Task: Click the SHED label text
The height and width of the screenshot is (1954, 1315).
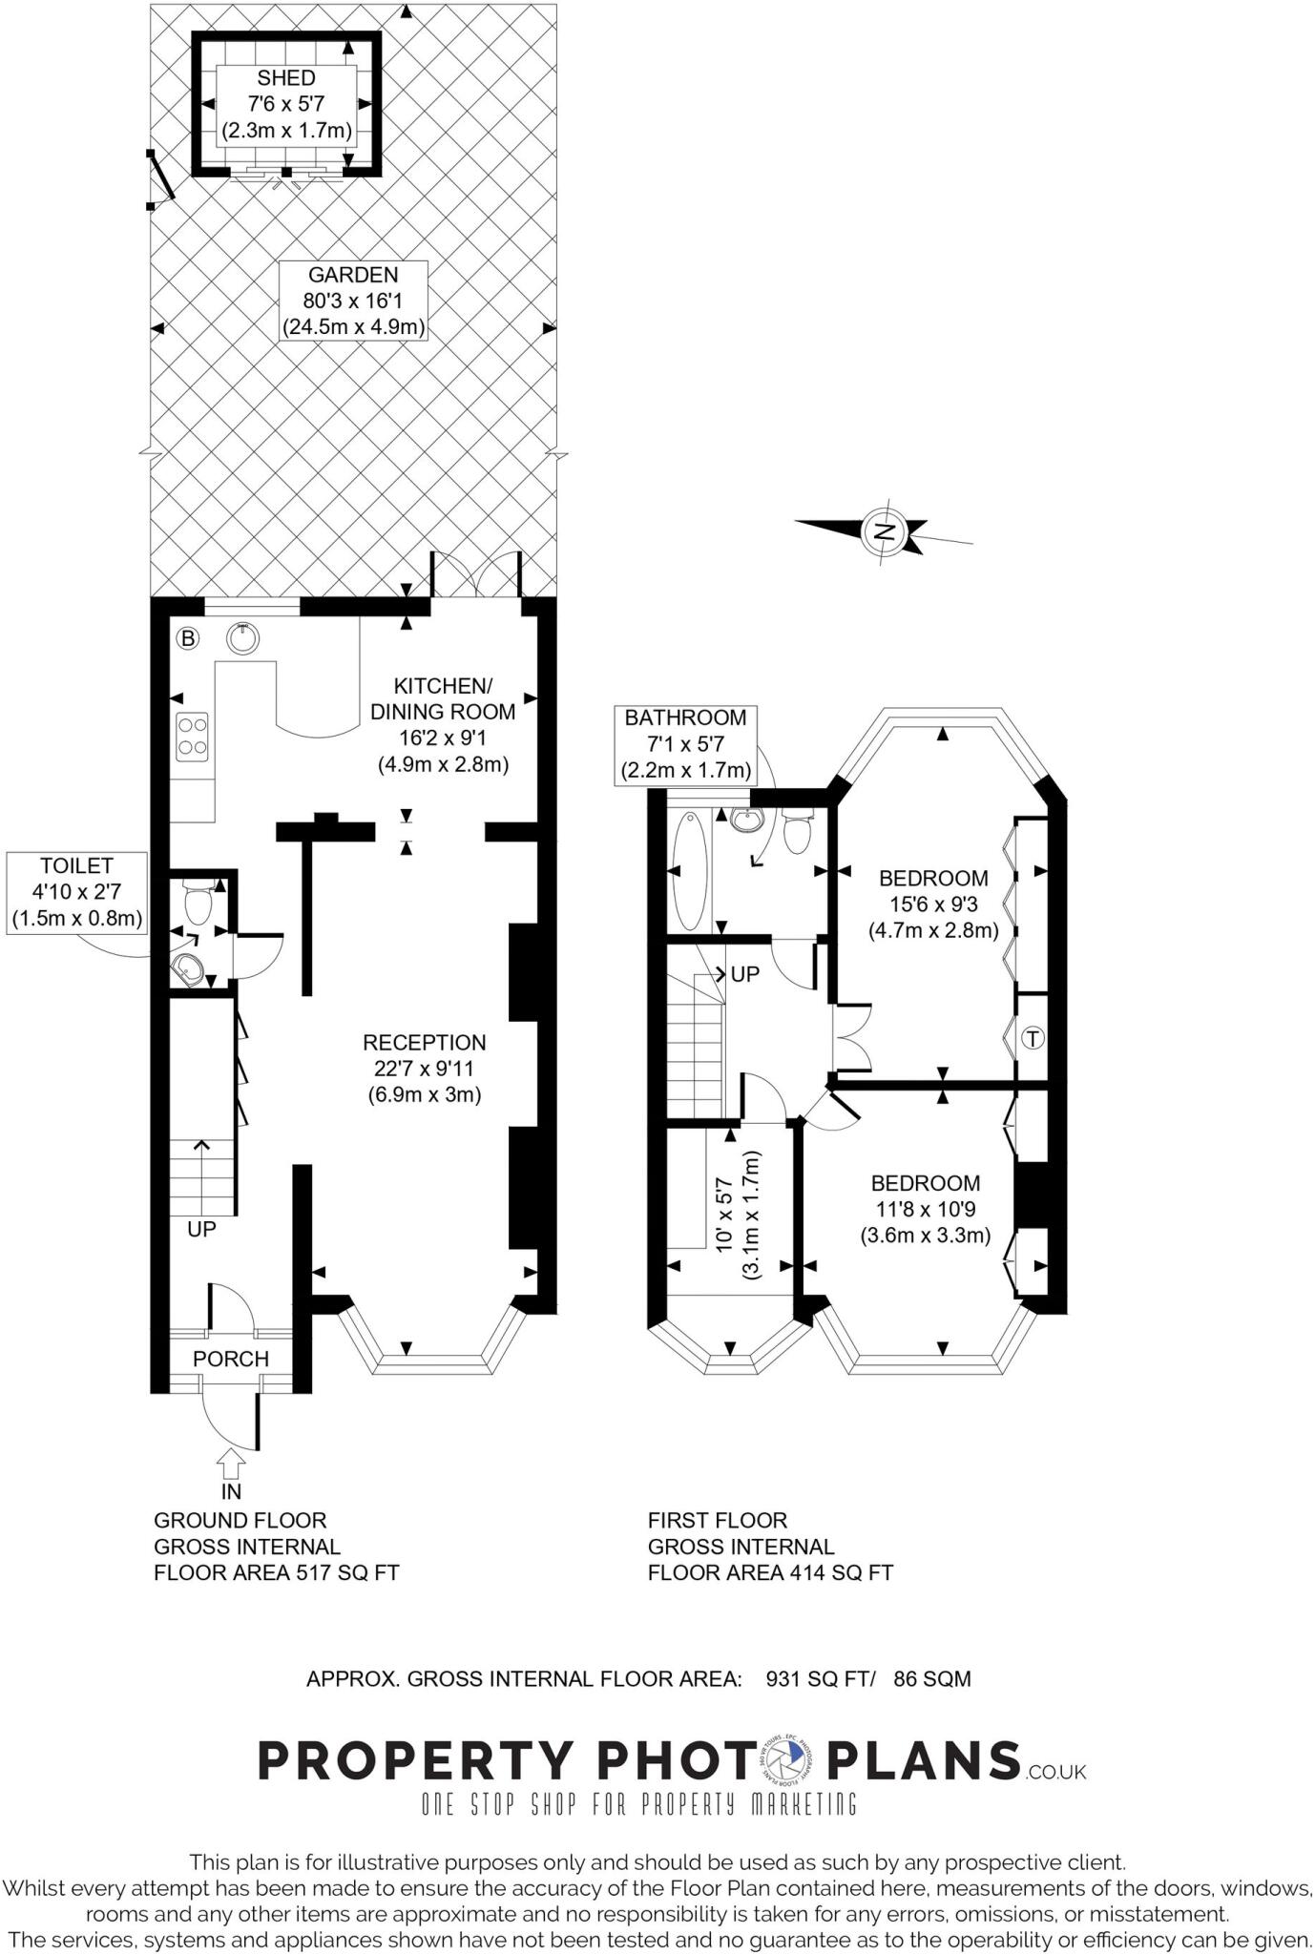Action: coord(285,78)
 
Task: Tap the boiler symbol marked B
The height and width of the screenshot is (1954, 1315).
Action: coord(188,638)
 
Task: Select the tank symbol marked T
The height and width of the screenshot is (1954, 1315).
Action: coord(1033,1038)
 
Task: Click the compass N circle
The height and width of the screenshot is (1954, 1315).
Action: coord(884,531)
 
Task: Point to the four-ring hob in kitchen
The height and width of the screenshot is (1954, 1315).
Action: coord(192,736)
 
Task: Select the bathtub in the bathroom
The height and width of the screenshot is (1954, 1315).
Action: coord(689,869)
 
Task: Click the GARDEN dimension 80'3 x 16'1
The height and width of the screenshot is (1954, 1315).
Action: coord(353,301)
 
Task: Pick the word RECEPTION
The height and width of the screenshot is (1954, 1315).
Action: coord(424,1043)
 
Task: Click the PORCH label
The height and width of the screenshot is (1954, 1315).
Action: coord(231,1359)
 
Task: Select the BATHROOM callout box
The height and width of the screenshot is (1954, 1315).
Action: coord(685,744)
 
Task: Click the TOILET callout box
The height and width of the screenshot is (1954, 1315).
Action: coord(76,893)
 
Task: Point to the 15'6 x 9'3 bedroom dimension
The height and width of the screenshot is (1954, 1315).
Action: coord(932,904)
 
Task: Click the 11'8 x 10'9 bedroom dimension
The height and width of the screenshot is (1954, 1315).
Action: coord(925,1209)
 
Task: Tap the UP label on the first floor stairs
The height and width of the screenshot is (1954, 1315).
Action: coord(744,975)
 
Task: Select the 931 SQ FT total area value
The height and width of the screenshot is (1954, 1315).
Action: coord(819,1678)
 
